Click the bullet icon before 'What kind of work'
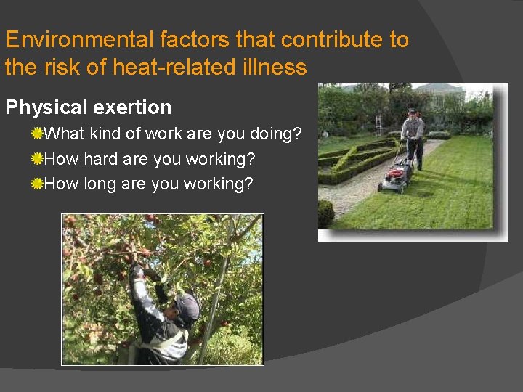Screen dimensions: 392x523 coord(37,134)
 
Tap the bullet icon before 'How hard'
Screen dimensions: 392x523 coord(37,159)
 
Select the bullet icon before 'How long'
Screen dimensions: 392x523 coord(37,184)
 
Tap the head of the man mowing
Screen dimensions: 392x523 coord(413,113)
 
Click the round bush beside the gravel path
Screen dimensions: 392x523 coord(326,213)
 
